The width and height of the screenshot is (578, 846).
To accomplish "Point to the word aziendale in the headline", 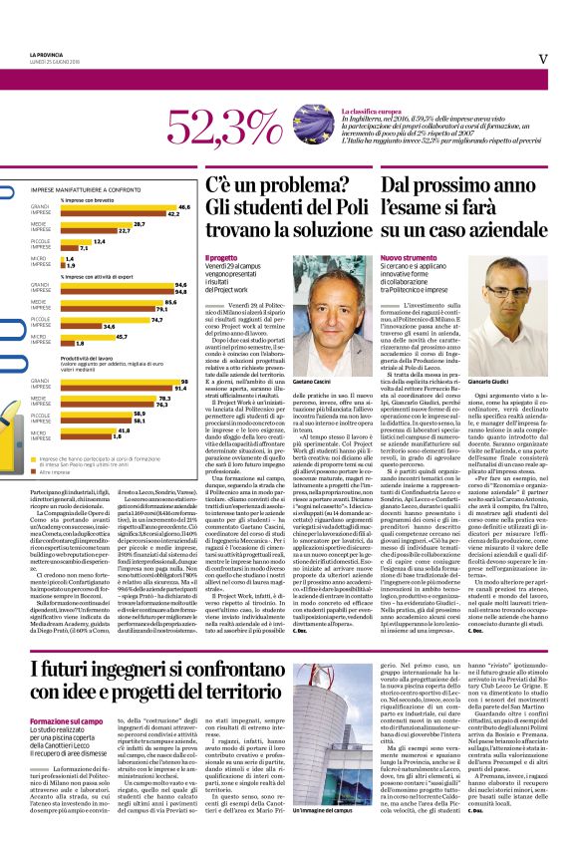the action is [x=494, y=229].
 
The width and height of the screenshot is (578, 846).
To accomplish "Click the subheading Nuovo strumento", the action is [x=407, y=257].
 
